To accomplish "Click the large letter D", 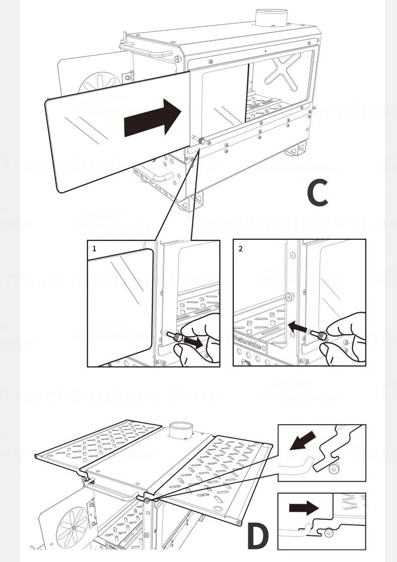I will click(x=258, y=536).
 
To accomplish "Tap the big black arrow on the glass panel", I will click(x=152, y=118).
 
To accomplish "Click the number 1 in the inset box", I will click(x=94, y=248).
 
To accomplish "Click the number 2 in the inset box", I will click(x=240, y=248).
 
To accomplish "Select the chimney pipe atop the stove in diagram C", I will click(x=271, y=18).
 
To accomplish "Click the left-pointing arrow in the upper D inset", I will click(x=303, y=441).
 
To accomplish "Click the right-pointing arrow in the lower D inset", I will click(x=304, y=508).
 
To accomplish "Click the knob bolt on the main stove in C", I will click(x=201, y=142).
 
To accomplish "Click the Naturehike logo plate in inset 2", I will click(x=250, y=346).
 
